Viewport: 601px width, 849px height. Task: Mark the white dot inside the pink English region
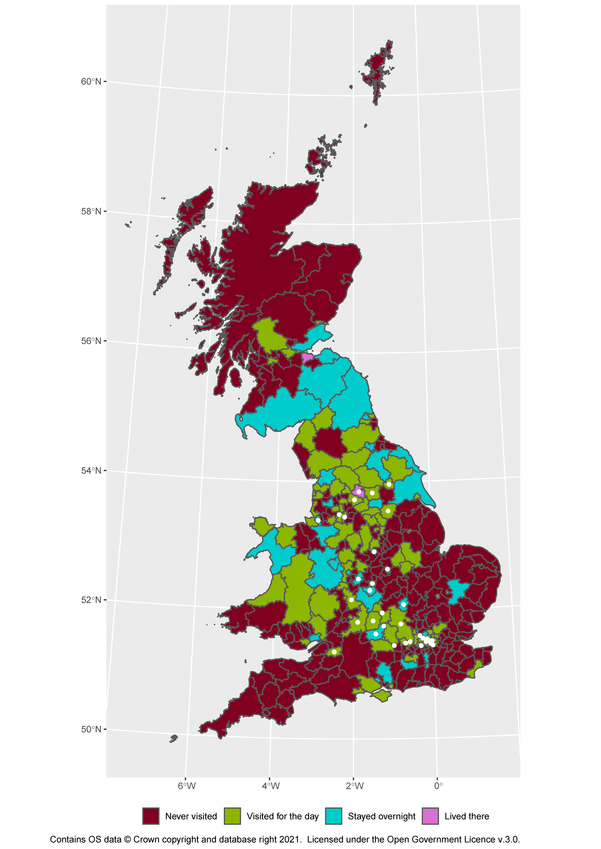(x=359, y=492)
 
